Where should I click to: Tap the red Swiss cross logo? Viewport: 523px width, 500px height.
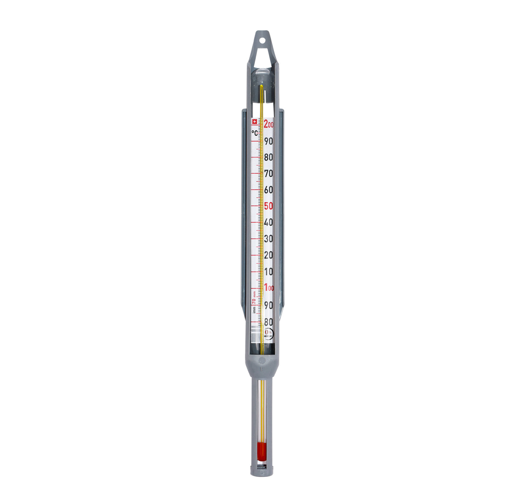(254, 121)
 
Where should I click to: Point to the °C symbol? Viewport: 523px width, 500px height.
(255, 133)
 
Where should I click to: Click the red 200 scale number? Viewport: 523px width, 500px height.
(269, 124)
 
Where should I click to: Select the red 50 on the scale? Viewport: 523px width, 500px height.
(268, 206)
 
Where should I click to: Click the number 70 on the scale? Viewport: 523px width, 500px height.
(268, 173)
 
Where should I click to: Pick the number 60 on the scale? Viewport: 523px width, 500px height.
(268, 190)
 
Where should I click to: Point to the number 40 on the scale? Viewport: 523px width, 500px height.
(268, 222)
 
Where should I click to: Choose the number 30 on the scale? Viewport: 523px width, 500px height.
(268, 239)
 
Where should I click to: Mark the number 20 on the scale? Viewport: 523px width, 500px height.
(268, 255)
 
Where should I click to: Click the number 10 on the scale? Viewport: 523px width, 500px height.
(268, 272)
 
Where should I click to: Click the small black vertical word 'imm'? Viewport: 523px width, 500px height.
(254, 310)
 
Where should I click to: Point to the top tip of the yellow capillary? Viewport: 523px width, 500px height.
(261, 86)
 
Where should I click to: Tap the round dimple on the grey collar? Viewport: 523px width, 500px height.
(262, 360)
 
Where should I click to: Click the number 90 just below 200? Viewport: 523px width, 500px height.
(268, 141)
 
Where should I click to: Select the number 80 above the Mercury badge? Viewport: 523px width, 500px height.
(268, 322)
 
